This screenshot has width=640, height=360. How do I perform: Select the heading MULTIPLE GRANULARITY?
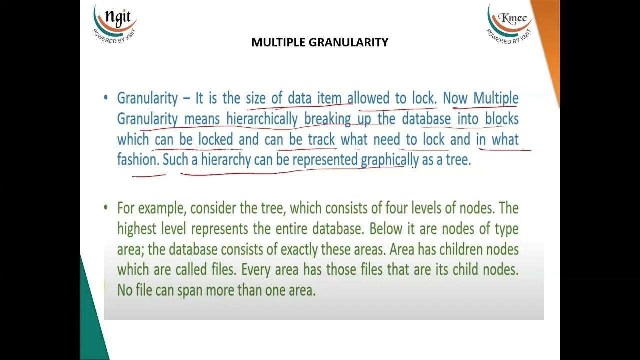(x=320, y=42)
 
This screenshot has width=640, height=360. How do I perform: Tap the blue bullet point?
(x=106, y=98)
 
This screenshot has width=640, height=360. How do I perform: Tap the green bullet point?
(x=106, y=207)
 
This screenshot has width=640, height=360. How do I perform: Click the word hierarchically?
(x=262, y=119)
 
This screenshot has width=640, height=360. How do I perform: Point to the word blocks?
(x=501, y=119)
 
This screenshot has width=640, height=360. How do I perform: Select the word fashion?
(x=137, y=160)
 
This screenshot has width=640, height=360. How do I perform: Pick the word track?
(x=321, y=139)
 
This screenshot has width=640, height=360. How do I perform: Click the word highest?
(x=136, y=229)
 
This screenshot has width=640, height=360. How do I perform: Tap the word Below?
(x=387, y=229)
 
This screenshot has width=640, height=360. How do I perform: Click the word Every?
(x=257, y=270)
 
